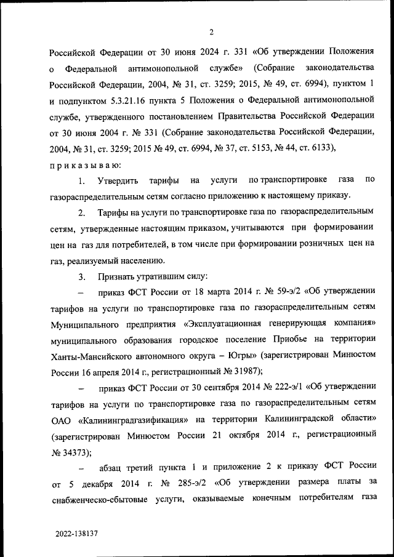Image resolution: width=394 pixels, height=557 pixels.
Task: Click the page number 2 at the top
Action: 211,32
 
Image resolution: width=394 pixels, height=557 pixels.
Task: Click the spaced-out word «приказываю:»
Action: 86,164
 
